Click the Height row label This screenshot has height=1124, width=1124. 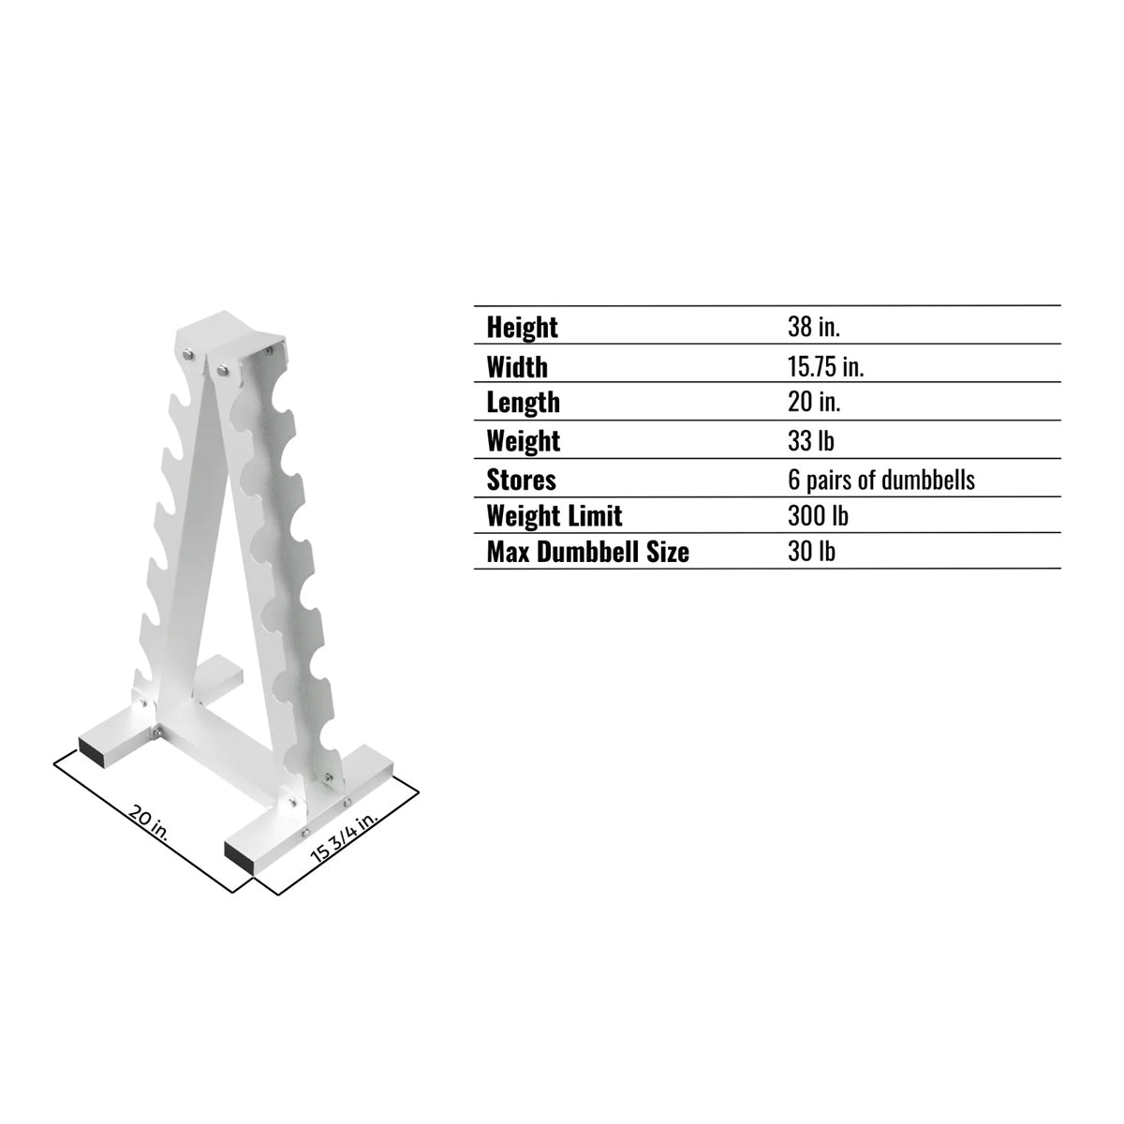click(522, 328)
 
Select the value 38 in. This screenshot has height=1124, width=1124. click(813, 328)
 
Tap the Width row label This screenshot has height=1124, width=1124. click(516, 366)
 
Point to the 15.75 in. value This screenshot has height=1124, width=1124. click(825, 366)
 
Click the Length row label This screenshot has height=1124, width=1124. click(523, 403)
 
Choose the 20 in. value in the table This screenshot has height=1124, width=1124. click(813, 403)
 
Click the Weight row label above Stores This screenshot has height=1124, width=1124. click(523, 441)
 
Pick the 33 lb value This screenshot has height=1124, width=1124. click(810, 441)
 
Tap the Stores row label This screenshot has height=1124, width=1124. click(521, 481)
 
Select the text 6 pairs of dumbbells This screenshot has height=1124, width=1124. click(880, 481)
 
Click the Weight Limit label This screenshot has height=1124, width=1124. click(554, 516)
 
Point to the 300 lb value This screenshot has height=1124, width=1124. click(818, 516)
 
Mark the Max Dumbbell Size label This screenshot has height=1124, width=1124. click(587, 553)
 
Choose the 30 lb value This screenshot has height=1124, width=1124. click(810, 553)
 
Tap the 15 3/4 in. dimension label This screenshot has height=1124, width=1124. click(344, 836)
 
